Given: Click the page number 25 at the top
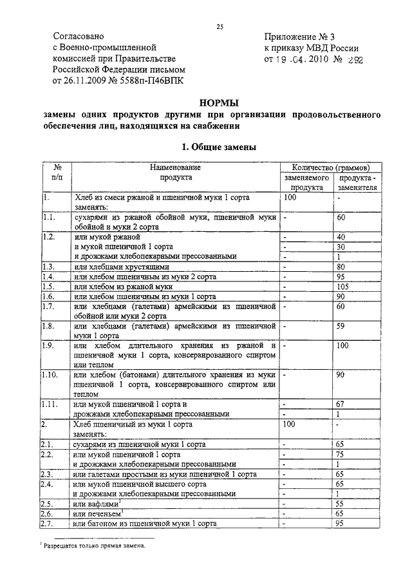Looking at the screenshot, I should (x=220, y=26).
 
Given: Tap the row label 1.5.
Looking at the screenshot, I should (x=48, y=286).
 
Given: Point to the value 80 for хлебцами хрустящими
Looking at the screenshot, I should (x=341, y=267).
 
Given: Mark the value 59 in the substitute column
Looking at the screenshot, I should (x=341, y=326).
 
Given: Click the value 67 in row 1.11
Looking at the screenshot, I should (x=341, y=404).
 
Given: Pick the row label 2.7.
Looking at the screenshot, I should (x=48, y=524).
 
